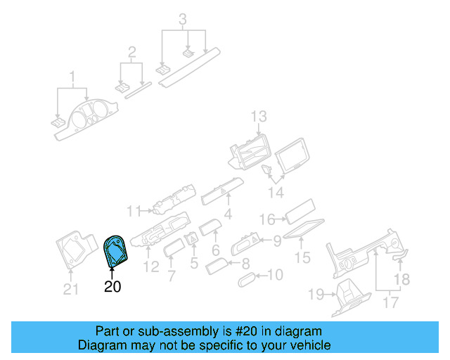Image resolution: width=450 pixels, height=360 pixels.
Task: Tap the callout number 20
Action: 112,287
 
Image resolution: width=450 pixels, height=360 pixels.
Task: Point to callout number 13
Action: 259,116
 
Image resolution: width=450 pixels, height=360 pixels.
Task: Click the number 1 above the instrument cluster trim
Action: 72,76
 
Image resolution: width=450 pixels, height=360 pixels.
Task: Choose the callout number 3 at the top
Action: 183,19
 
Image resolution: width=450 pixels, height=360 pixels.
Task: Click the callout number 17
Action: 390,302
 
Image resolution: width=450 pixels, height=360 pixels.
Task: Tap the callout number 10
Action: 276,275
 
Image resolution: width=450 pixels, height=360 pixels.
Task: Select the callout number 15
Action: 302,258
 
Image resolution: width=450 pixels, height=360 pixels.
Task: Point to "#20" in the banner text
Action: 242,331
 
